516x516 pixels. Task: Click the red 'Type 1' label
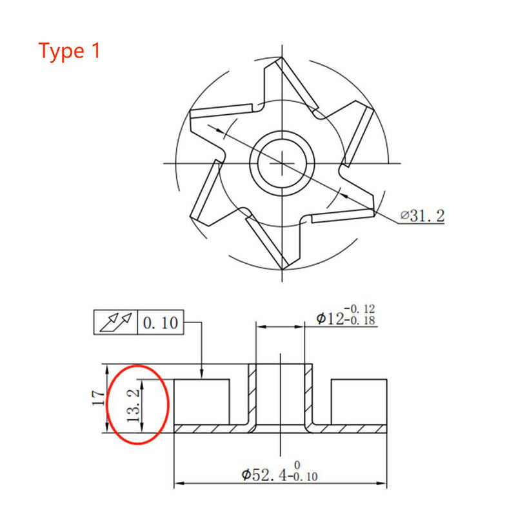click(70, 50)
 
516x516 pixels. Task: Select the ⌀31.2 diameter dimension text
click(422, 216)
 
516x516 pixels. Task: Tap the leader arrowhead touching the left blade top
click(203, 377)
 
